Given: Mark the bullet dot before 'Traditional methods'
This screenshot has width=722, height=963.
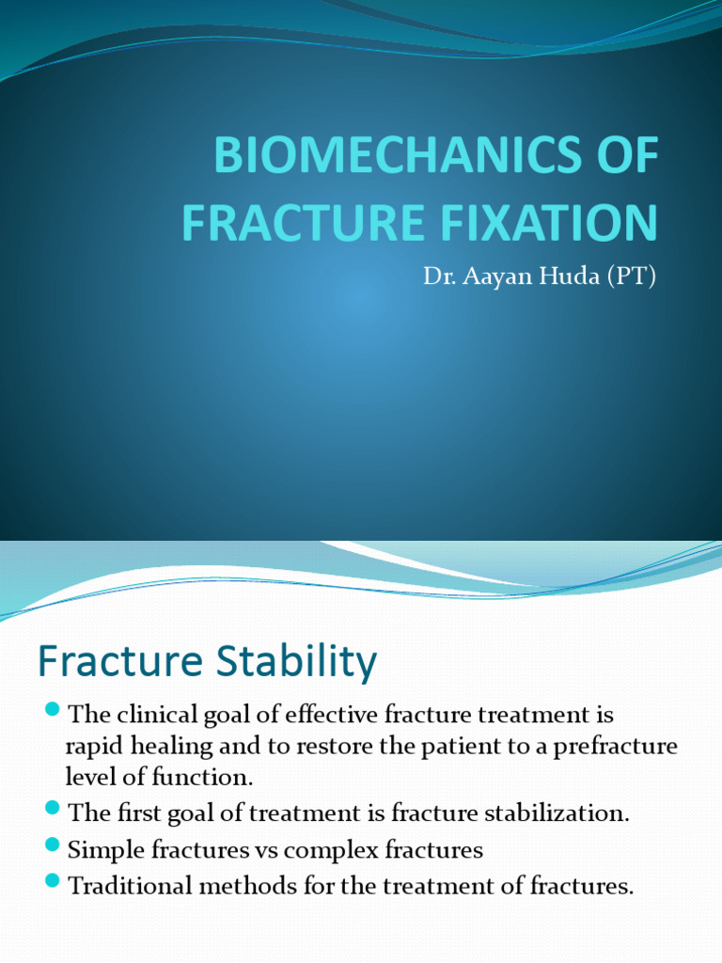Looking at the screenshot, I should pyautogui.click(x=52, y=880).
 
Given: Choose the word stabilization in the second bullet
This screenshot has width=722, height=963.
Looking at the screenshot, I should pyautogui.click(x=564, y=813).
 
